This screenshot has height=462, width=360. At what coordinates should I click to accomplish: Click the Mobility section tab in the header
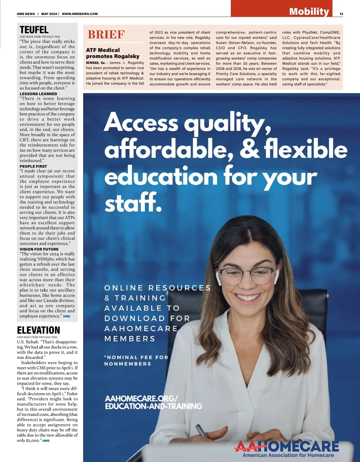tap(309, 11)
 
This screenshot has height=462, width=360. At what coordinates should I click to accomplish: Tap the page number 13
tap(341, 14)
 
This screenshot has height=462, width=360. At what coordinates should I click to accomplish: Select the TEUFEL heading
tap(34, 30)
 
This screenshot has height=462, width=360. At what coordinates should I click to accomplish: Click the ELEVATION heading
tap(38, 330)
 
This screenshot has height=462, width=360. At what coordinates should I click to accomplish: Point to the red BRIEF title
tap(106, 35)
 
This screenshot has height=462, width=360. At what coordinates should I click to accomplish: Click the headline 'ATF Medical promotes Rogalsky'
tap(112, 53)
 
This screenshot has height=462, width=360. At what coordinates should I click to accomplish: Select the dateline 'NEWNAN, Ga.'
tap(96, 63)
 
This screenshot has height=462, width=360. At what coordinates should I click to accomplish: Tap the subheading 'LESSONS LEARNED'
tap(38, 94)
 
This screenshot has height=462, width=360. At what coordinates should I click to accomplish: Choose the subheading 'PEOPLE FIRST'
tap(33, 166)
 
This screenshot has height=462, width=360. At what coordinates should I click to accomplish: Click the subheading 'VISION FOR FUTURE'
tap(39, 249)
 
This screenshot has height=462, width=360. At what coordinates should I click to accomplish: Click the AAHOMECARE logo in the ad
tap(287, 448)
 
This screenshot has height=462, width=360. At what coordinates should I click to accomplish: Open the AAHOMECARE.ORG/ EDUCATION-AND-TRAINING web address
tap(153, 403)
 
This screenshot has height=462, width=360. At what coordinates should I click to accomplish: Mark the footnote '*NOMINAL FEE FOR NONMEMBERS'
tap(136, 361)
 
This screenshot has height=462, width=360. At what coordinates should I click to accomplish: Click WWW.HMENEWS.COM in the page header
tap(80, 14)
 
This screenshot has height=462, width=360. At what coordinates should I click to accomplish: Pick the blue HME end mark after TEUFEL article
tap(67, 316)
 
